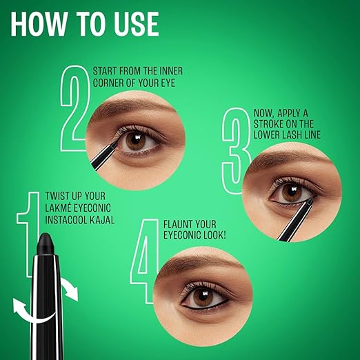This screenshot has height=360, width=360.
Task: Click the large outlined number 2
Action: click(x=74, y=108)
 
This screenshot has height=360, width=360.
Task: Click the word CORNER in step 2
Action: click(x=108, y=83)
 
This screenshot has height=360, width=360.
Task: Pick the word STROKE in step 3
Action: click(x=268, y=124)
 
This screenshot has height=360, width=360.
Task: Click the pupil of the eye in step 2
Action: click(x=135, y=141)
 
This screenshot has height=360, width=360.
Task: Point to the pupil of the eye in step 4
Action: click(x=203, y=297)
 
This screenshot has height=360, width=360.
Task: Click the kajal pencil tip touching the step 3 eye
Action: click(x=309, y=201)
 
